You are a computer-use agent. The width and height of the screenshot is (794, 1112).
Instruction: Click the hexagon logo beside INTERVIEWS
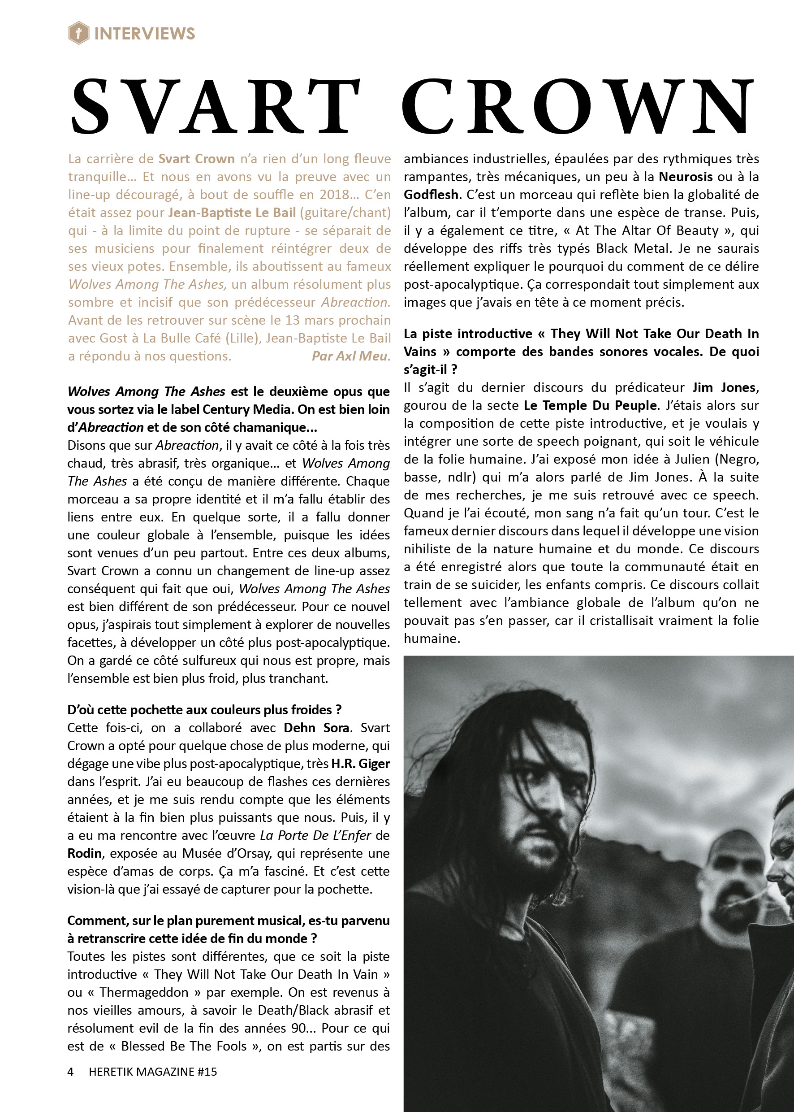point(78,33)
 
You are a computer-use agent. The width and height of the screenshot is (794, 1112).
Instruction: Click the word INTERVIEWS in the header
point(145,34)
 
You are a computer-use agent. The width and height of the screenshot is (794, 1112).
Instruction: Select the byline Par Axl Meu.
point(351,356)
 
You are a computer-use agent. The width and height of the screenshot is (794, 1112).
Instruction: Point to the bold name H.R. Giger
point(360,764)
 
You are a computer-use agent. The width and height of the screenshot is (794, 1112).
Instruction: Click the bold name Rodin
point(85,854)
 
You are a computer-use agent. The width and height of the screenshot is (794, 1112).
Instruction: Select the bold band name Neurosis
point(686,177)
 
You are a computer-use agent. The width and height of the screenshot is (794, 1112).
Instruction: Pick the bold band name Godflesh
point(431,195)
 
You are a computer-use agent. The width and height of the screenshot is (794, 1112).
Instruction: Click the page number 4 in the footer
point(70,1071)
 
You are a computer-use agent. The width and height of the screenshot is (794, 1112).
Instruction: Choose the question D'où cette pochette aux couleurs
point(204,710)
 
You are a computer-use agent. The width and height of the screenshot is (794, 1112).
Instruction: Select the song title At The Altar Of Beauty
point(647,230)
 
